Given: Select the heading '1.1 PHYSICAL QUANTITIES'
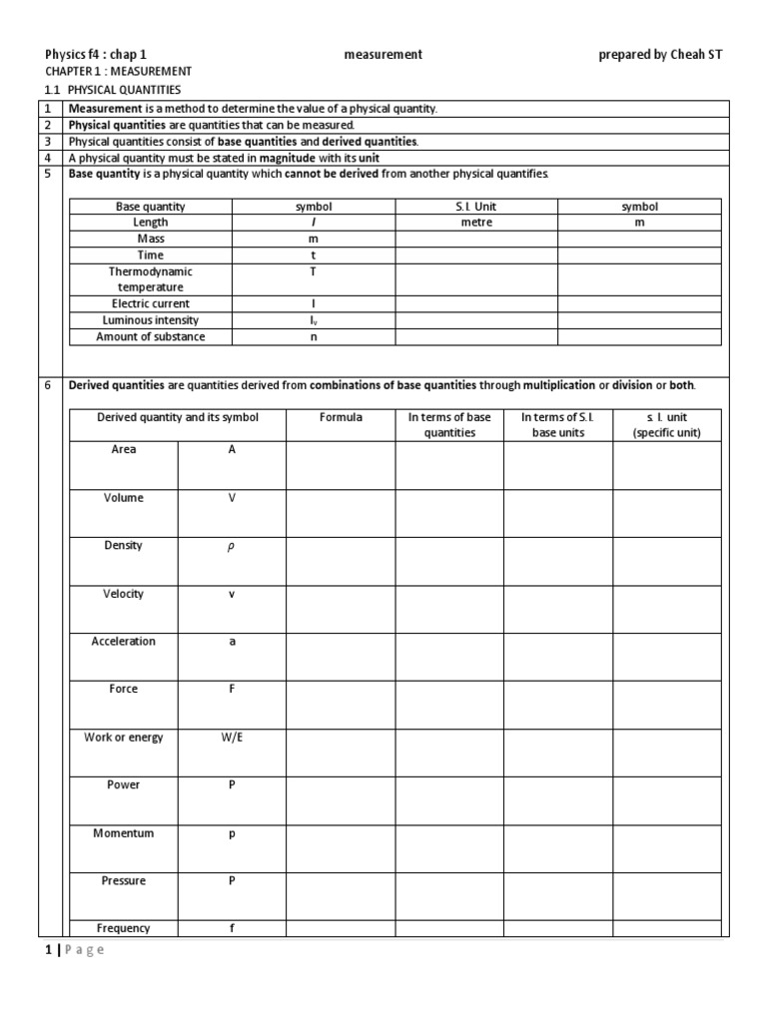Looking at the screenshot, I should tap(113, 90).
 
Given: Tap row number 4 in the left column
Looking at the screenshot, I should tap(47, 158).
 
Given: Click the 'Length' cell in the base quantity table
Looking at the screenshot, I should tap(150, 223).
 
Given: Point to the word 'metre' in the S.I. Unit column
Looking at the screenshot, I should tap(476, 223).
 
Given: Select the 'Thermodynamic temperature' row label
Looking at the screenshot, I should tap(150, 279).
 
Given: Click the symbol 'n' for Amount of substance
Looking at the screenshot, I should tap(314, 337).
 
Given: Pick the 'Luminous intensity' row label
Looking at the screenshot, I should tap(150, 320).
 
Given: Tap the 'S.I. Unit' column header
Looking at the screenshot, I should tap(476, 207).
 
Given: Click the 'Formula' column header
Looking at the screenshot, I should tap(341, 417).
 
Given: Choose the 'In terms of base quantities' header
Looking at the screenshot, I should tap(449, 425).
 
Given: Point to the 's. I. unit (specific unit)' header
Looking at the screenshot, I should tap(666, 425).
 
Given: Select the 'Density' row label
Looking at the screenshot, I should tap(123, 546).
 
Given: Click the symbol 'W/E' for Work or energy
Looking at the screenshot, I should tap(232, 738).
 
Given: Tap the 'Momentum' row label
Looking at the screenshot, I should tap(123, 833).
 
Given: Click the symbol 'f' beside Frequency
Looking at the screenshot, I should tap(232, 928).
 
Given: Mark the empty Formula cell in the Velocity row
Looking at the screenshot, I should tap(341, 609).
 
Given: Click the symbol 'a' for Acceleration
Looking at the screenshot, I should tap(232, 642).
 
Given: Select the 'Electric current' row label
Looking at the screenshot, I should tap(150, 303).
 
